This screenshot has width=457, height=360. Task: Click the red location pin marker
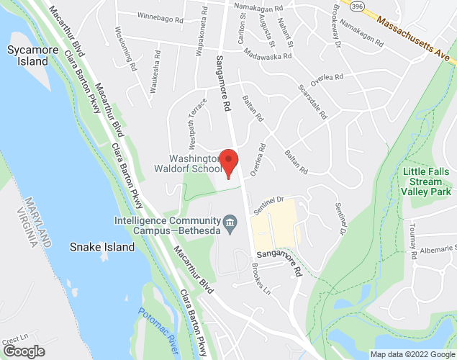[228, 163]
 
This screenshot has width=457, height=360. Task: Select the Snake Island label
[101, 247]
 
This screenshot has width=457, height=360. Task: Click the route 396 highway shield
[358, 5]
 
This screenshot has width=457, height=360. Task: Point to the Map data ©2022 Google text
[411, 354]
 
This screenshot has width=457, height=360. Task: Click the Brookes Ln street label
[261, 282]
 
